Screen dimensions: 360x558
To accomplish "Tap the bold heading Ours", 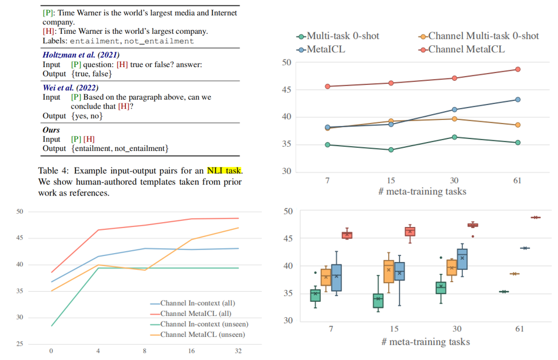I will coord(52,130).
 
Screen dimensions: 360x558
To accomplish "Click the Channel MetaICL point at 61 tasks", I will coord(518,70).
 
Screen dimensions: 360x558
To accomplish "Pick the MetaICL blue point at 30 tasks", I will coord(455,109).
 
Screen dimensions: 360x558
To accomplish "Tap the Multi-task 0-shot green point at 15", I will coord(391,150).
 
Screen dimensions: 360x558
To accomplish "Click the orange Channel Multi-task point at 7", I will coord(327,128).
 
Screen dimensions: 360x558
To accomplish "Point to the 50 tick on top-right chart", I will coord(286,62).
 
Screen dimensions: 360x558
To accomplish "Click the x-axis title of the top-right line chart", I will coord(423,191).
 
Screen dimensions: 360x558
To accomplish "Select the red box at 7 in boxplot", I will coord(347,235).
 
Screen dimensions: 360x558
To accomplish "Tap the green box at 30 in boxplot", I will coord(441,288).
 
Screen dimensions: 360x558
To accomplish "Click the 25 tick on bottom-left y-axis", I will coord(20,344).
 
